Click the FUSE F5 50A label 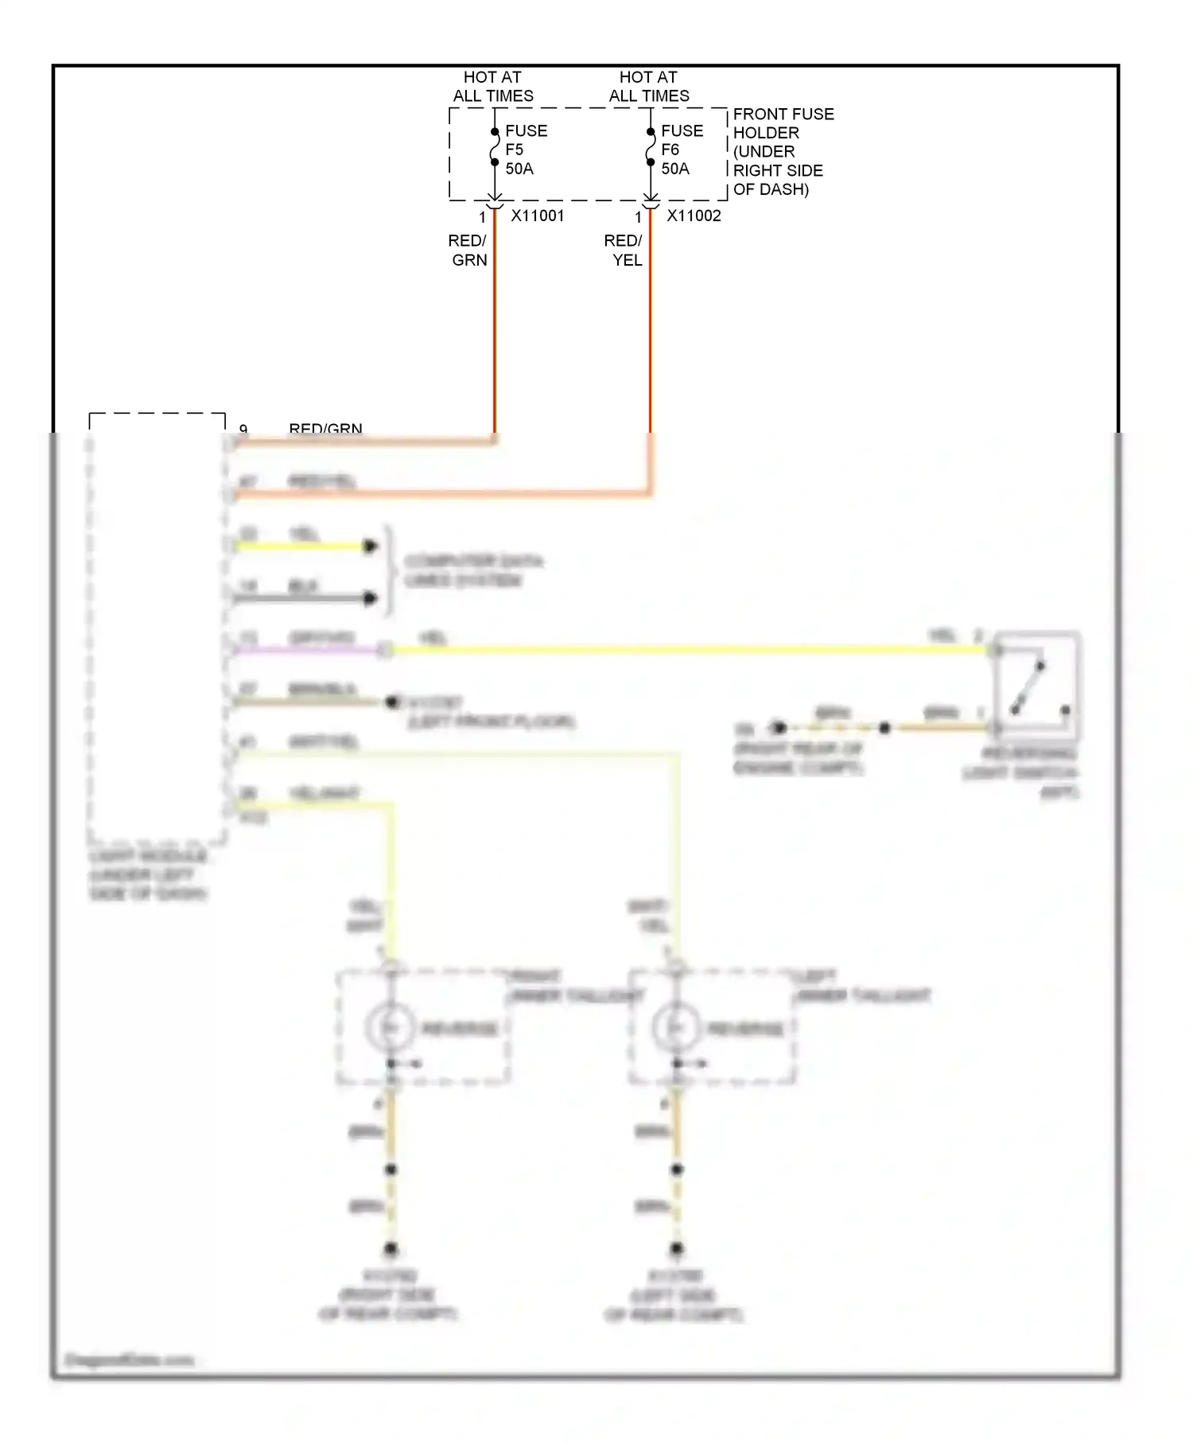click(x=525, y=150)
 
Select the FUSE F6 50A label click(x=681, y=150)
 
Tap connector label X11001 click(x=538, y=216)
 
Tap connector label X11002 click(x=694, y=216)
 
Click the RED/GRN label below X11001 click(x=468, y=250)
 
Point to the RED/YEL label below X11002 click(x=624, y=250)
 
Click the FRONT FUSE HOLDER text click(x=783, y=151)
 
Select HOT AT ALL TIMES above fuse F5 click(x=493, y=86)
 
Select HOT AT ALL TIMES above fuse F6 click(x=649, y=86)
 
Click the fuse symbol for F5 click(x=494, y=147)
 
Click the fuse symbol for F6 click(x=650, y=147)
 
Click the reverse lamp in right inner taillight click(x=391, y=1028)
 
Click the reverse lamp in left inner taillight click(x=676, y=1028)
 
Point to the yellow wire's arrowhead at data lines click(x=370, y=546)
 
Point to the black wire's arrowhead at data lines click(x=370, y=598)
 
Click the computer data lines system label click(x=473, y=570)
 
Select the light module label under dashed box click(x=148, y=874)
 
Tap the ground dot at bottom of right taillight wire click(x=391, y=1249)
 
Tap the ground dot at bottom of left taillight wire click(x=676, y=1249)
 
